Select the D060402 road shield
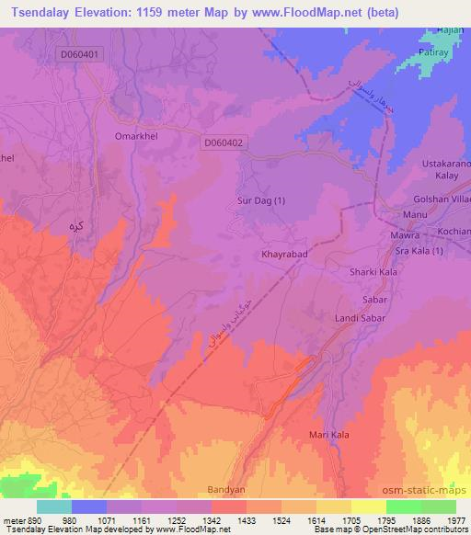tap(224, 142)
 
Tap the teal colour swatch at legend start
tap(54, 507)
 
